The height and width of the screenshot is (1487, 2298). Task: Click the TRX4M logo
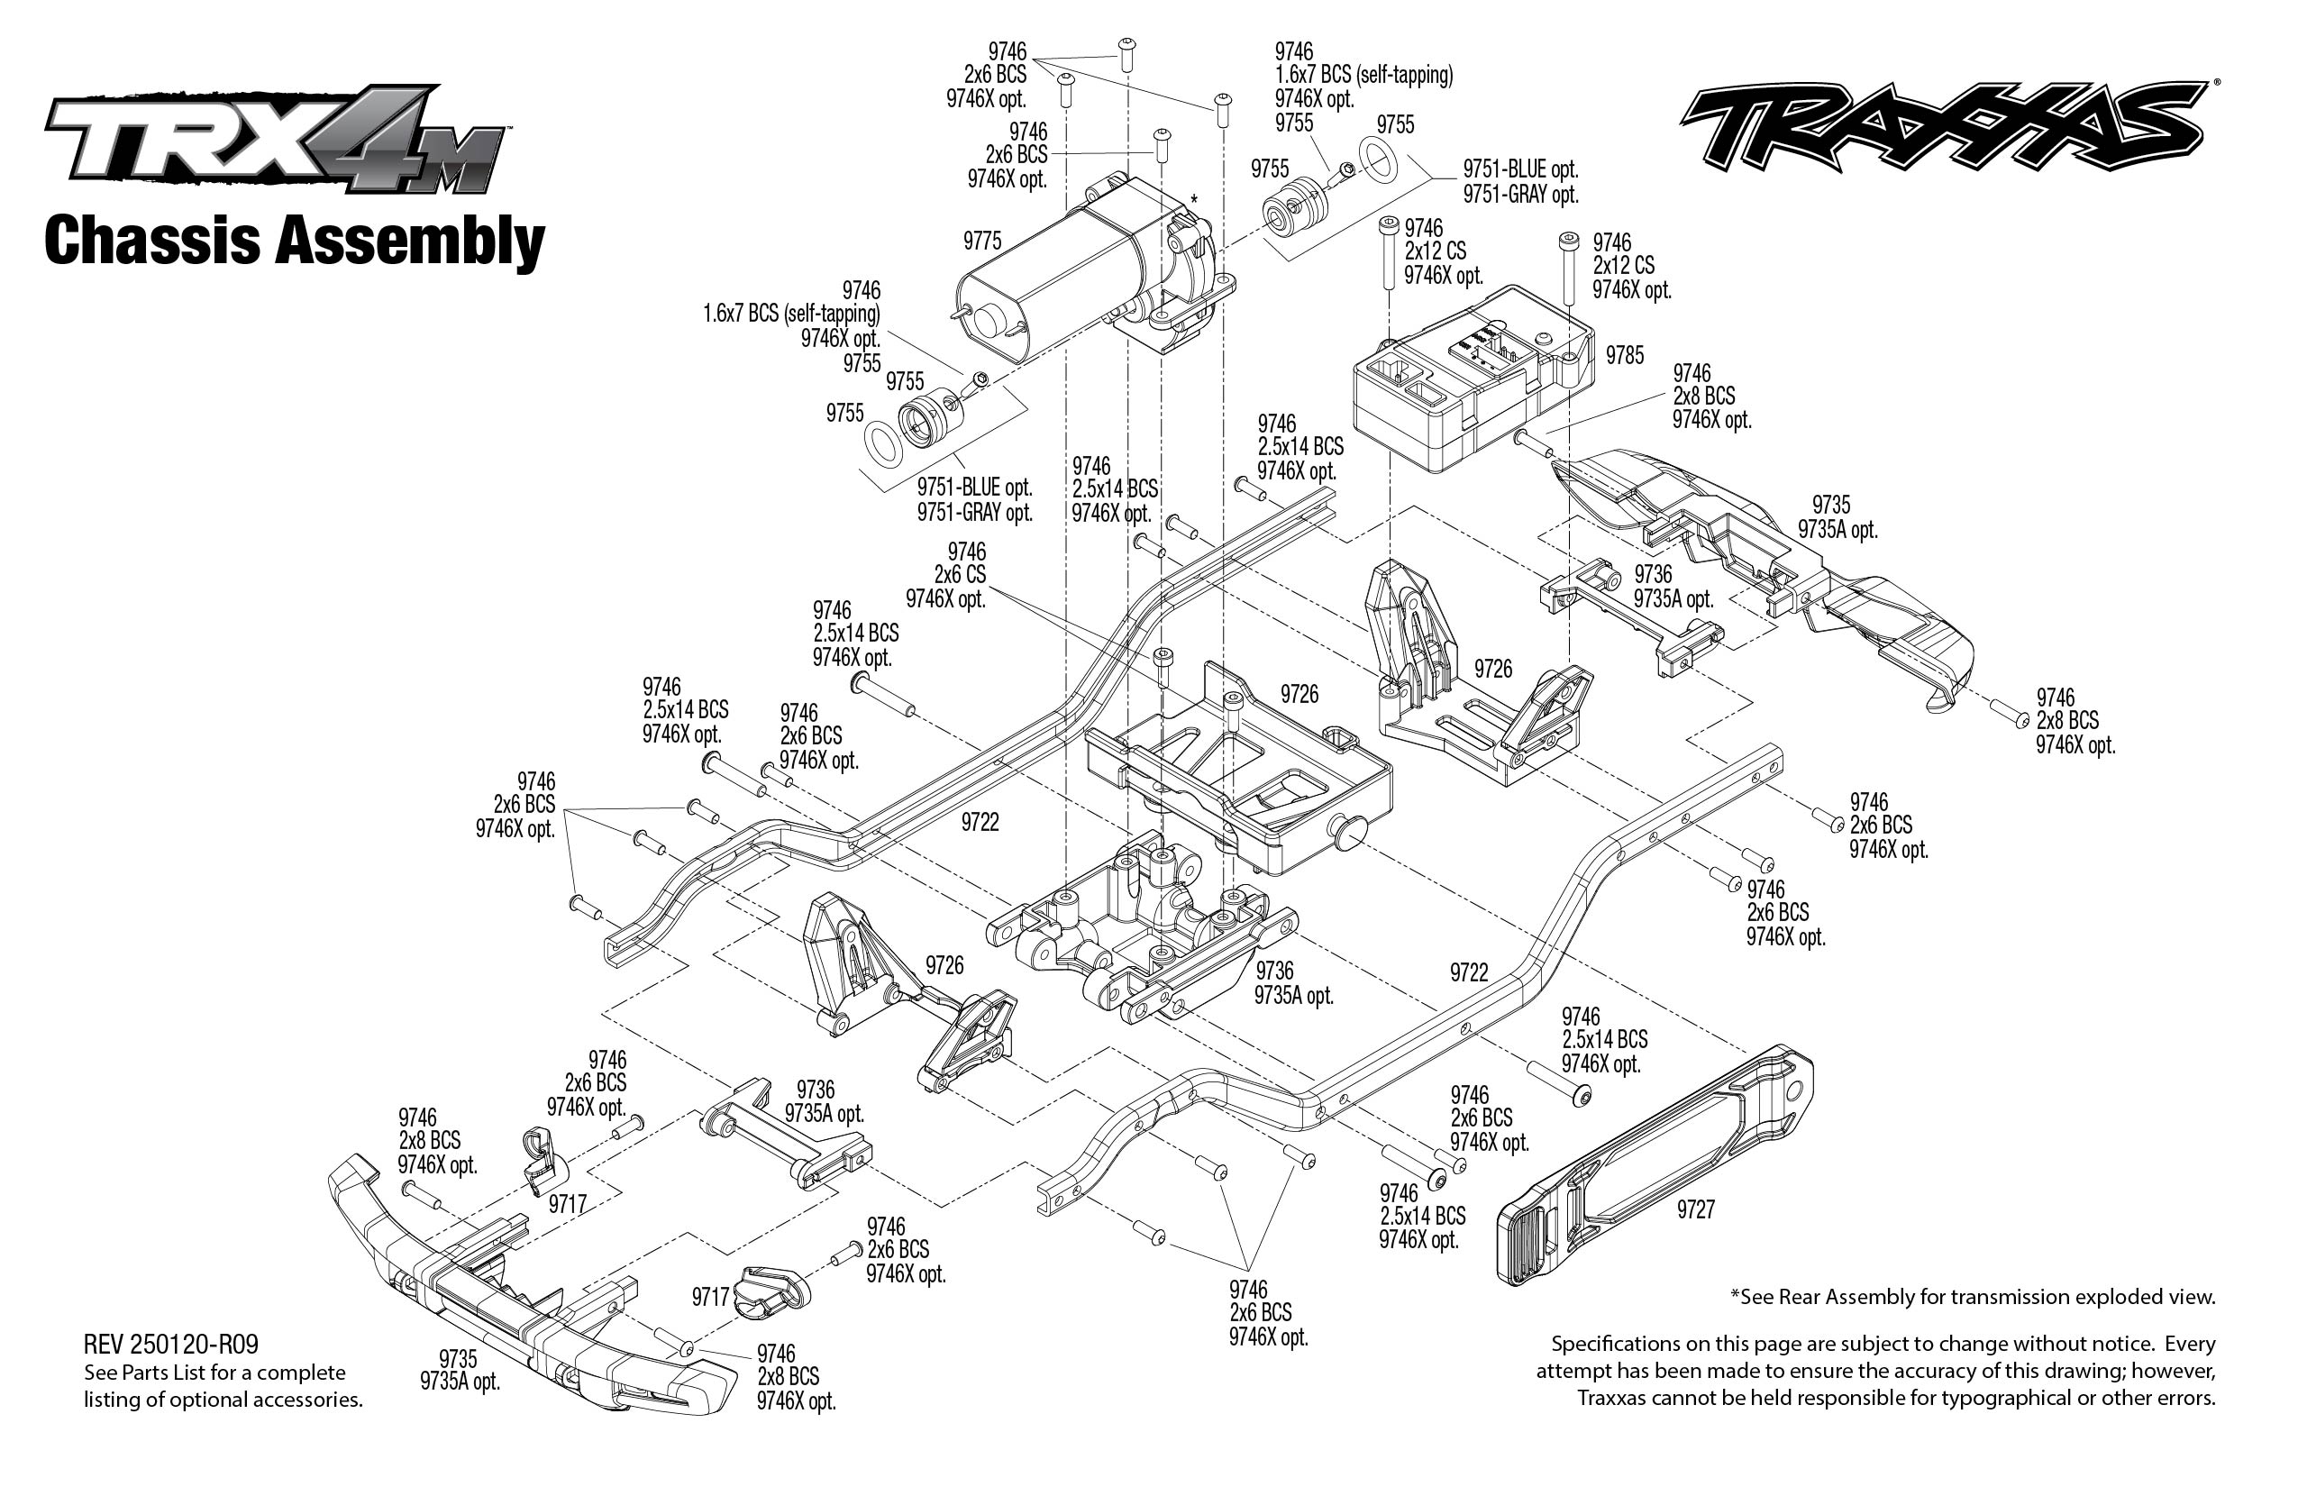pos(275,140)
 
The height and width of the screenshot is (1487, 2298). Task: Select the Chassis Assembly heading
pos(295,242)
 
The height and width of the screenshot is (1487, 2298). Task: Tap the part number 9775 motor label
pos(982,241)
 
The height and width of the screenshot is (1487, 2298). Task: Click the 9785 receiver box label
pos(1624,355)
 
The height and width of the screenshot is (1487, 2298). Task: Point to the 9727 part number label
pos(1695,1209)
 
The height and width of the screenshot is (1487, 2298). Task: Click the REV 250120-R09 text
pos(171,1344)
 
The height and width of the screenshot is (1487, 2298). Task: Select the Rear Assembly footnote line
pos(1972,1297)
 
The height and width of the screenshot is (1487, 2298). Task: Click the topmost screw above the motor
pos(1126,52)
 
